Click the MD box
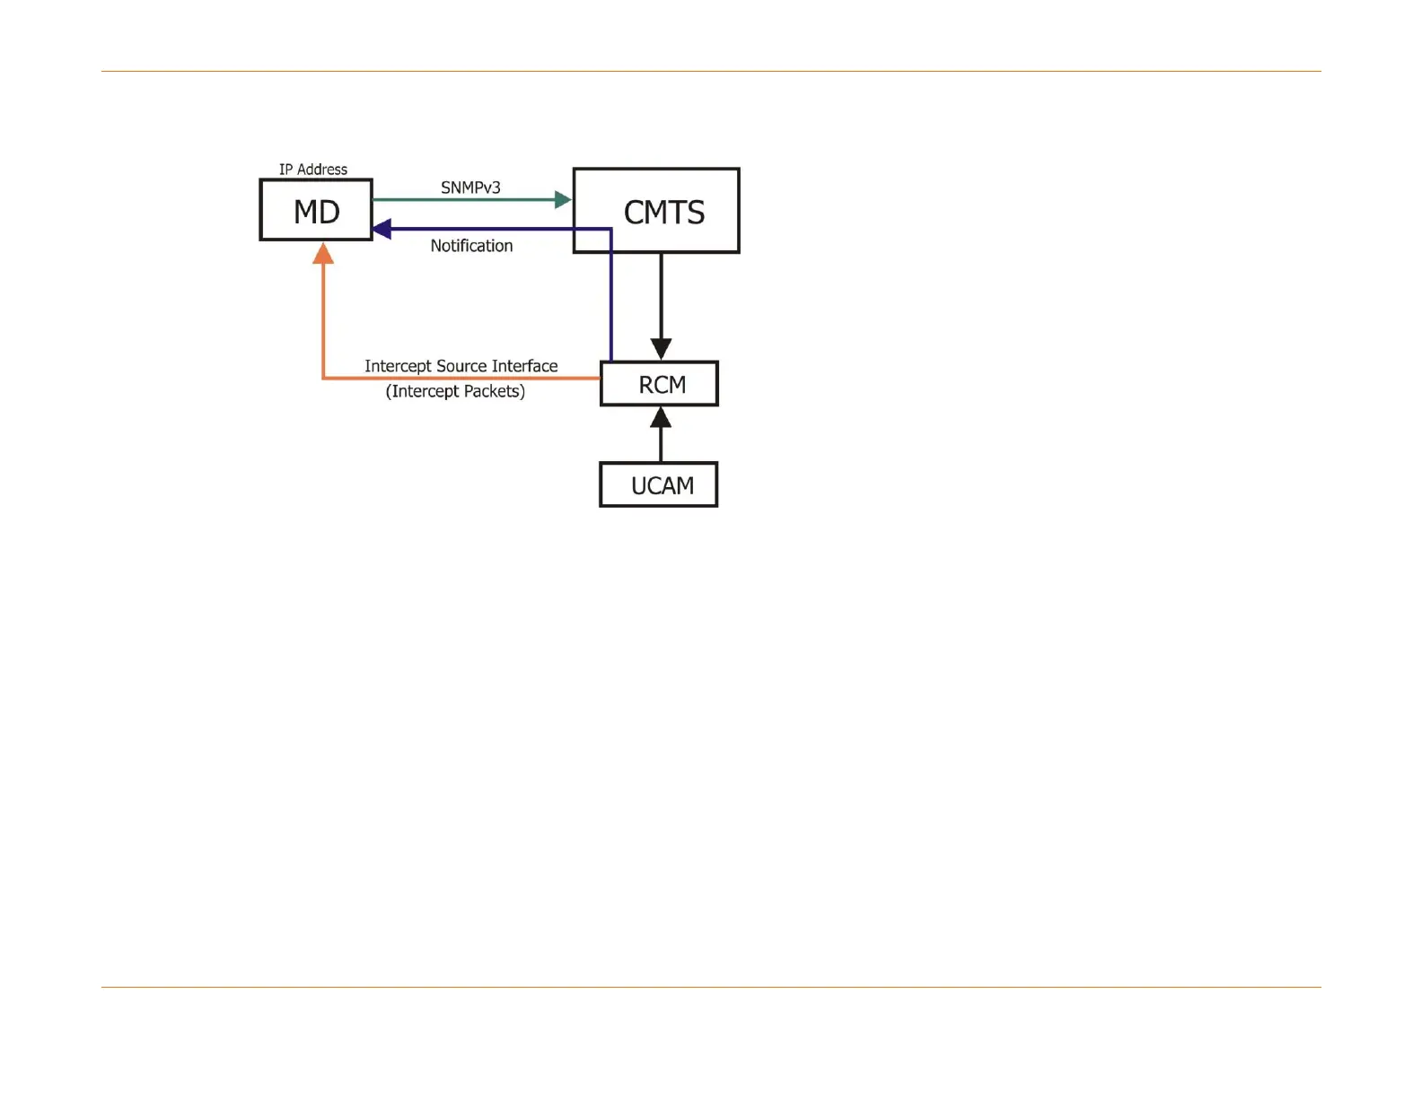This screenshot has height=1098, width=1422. tap(316, 210)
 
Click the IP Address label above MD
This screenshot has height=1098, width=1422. tap(312, 170)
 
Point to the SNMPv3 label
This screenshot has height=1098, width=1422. tap(470, 187)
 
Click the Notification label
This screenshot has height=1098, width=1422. tap(471, 246)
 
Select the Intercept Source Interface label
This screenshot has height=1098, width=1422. tap(461, 366)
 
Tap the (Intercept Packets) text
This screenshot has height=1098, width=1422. tap(455, 391)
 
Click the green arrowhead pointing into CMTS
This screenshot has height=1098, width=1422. tap(564, 199)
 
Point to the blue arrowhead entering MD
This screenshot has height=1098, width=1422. tap(382, 230)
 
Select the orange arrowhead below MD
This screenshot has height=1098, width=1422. tap(323, 254)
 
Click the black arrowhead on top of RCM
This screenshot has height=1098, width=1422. tap(661, 349)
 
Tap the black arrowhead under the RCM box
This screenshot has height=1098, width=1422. tap(661, 417)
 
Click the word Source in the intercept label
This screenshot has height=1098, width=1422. tap(461, 366)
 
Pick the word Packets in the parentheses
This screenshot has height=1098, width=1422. tap(492, 391)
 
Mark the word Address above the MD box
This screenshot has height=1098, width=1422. tap(322, 170)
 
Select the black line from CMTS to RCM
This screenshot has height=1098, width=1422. tap(661, 296)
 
